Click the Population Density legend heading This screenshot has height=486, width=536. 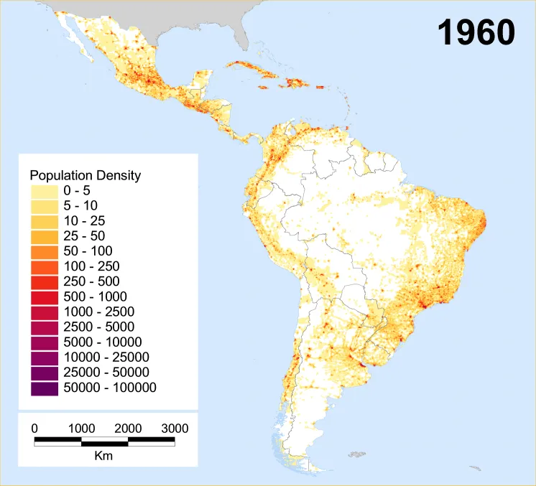[x=85, y=175]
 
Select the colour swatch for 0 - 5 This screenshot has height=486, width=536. [x=44, y=191]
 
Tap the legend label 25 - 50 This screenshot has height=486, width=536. [x=84, y=236]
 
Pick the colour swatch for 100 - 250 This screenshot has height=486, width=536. [x=44, y=266]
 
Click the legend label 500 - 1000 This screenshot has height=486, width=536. [x=95, y=296]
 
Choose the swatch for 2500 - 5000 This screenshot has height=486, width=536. [x=44, y=327]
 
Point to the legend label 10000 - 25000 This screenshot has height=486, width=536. [x=106, y=357]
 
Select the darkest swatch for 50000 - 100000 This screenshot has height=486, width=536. [x=44, y=388]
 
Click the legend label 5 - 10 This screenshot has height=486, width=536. [x=80, y=206]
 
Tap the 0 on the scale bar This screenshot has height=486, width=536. [x=34, y=429]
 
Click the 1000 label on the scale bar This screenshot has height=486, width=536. [x=81, y=429]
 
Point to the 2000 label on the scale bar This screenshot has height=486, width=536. [x=128, y=429]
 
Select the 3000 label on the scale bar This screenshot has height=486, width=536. [x=174, y=429]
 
